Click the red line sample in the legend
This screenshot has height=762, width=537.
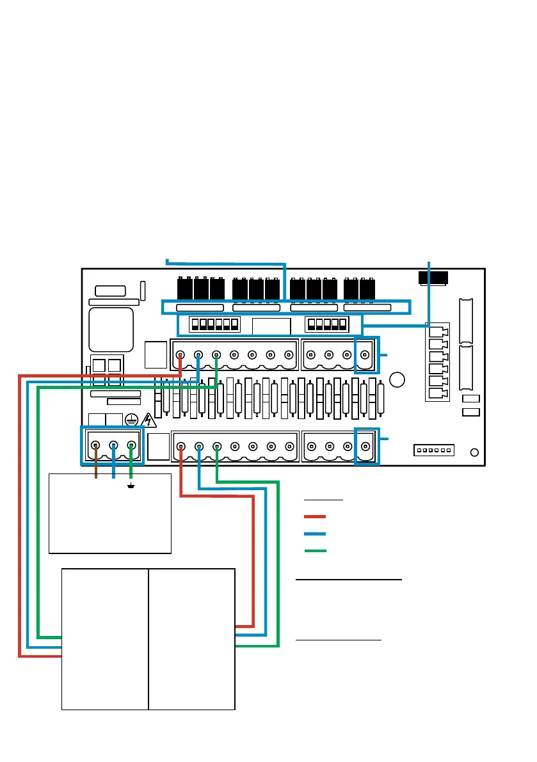click(x=315, y=516)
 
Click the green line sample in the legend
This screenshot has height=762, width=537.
click(x=315, y=550)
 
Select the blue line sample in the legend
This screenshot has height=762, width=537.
click(x=315, y=533)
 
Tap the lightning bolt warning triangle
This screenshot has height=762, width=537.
click(x=148, y=420)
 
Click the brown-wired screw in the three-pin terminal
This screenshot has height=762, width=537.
click(x=97, y=445)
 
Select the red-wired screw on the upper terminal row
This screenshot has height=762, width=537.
click(x=181, y=354)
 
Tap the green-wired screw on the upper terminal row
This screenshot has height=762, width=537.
click(x=216, y=354)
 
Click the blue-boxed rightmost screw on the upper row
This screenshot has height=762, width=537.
click(x=365, y=354)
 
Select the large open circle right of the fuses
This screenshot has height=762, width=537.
click(x=397, y=379)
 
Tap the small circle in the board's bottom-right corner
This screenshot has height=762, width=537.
click(x=474, y=452)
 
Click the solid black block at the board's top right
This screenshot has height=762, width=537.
click(x=433, y=278)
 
